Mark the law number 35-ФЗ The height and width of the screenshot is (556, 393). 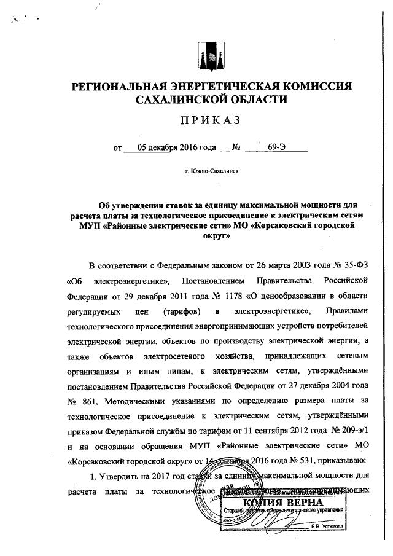334,265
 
